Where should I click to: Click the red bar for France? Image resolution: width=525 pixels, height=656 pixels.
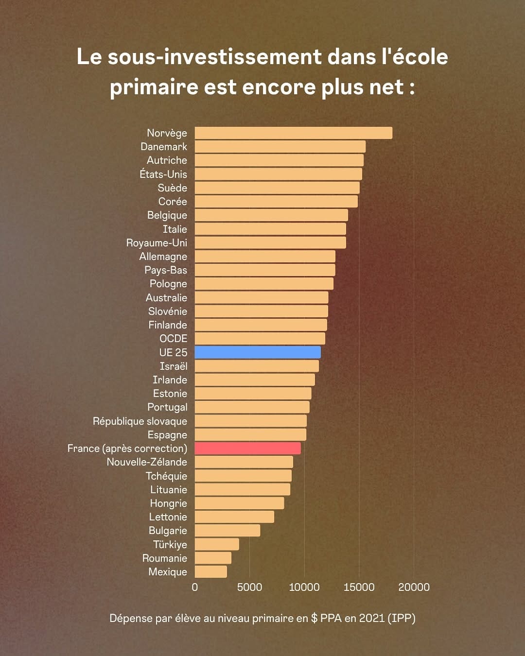tap(247, 449)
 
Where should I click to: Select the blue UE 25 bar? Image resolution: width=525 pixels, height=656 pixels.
tap(258, 352)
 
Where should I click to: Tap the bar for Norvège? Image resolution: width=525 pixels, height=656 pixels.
tap(293, 133)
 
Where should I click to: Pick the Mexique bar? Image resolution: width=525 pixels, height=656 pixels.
tap(210, 572)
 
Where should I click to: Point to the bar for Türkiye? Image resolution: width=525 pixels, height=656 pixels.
tap(217, 544)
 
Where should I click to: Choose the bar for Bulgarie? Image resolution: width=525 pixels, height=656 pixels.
tap(227, 531)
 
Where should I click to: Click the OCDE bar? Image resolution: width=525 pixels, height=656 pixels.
tap(260, 339)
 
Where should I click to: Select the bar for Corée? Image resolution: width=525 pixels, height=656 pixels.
tap(276, 202)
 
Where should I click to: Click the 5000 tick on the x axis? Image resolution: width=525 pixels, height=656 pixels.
tap(249, 587)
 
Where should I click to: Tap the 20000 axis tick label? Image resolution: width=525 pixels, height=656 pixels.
tap(414, 587)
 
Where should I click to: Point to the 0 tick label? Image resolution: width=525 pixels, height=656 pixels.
tap(195, 587)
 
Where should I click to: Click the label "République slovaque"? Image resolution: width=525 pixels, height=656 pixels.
tap(140, 421)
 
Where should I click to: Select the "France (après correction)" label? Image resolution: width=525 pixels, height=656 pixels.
tap(127, 449)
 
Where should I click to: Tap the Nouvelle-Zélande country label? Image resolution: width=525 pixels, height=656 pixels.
tap(147, 462)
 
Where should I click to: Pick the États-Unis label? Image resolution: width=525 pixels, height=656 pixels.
tap(163, 174)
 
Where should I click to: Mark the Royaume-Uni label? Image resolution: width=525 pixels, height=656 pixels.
tap(157, 243)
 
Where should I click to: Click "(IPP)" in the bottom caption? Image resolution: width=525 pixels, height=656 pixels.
tap(402, 618)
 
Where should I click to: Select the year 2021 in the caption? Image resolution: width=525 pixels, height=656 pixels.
tap(372, 618)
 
